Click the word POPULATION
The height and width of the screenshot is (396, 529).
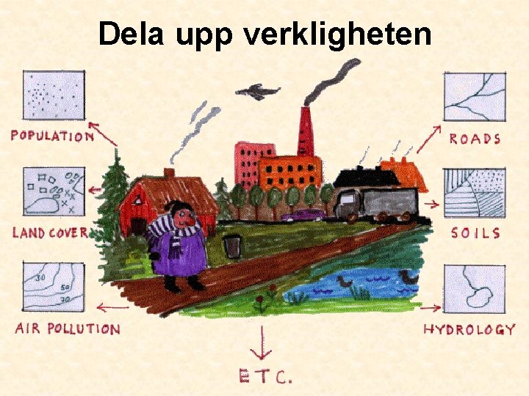pyautogui.click(x=51, y=136)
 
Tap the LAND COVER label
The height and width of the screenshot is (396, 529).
pyautogui.click(x=50, y=233)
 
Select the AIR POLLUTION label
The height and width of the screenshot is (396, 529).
pyautogui.click(x=67, y=328)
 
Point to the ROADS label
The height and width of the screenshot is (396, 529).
pyautogui.click(x=475, y=139)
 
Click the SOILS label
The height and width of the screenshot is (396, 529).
pyautogui.click(x=475, y=233)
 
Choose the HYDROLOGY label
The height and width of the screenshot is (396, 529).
pyautogui.click(x=469, y=329)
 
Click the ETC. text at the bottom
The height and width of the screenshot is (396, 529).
pyautogui.click(x=265, y=377)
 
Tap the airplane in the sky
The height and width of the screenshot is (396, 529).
pyautogui.click(x=257, y=92)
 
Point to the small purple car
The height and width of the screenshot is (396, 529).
pyautogui.click(x=303, y=215)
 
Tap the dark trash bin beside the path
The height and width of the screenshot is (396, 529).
pyautogui.click(x=233, y=246)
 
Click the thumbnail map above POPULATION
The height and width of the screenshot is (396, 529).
pyautogui.click(x=54, y=98)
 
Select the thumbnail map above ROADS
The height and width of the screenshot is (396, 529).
pyautogui.click(x=475, y=97)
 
